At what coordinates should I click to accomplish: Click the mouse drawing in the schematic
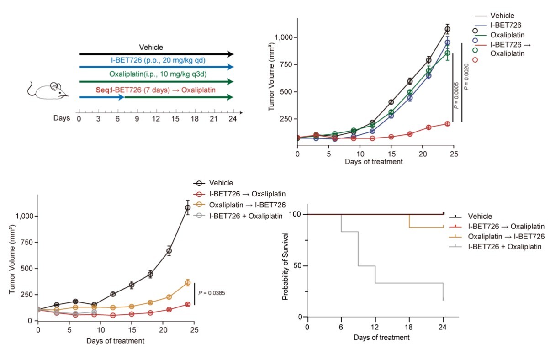[48, 90]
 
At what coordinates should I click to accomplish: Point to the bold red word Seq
[103, 90]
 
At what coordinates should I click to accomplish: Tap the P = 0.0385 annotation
[212, 293]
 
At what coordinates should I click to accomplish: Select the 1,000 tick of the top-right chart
[283, 37]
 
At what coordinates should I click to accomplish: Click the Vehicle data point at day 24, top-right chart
[447, 29]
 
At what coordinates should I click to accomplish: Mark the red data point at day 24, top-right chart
[447, 124]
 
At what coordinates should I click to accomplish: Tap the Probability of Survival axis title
[286, 265]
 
